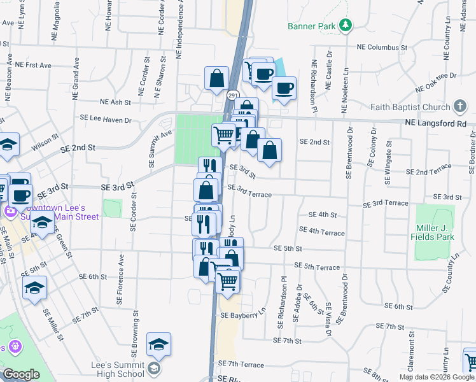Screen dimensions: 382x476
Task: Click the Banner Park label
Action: pyautogui.click(x=311, y=26)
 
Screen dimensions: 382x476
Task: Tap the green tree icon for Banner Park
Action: pyautogui.click(x=346, y=25)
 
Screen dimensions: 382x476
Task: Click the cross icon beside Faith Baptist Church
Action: pyautogui.click(x=461, y=107)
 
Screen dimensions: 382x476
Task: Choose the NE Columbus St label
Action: pyautogui.click(x=382, y=48)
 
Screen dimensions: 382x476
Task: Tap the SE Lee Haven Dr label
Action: pyautogui.click(x=105, y=118)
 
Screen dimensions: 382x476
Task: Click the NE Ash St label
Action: pyautogui.click(x=115, y=102)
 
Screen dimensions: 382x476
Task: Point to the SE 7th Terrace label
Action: pyautogui.click(x=241, y=364)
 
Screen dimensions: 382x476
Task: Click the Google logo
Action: pyautogui.click(x=20, y=374)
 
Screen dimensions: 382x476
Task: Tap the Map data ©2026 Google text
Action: pyautogui.click(x=436, y=377)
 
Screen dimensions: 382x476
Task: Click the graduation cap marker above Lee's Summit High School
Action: pyautogui.click(x=158, y=345)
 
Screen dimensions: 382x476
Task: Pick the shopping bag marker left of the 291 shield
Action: pyautogui.click(x=217, y=79)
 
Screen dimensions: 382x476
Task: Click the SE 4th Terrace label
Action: pyautogui.click(x=321, y=231)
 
